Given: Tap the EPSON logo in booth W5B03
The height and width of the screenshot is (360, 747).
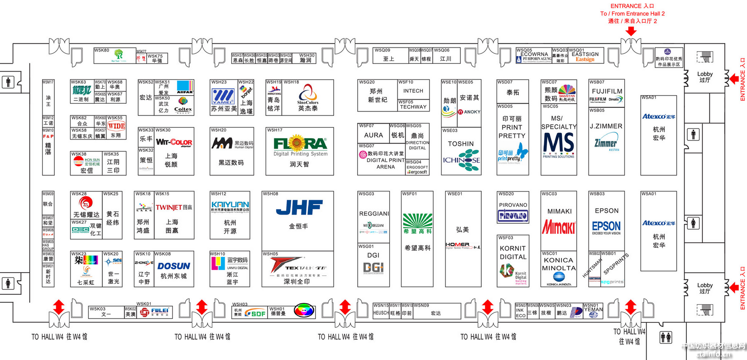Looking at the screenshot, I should tap(606, 226).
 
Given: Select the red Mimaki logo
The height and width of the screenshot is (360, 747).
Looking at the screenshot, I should tap(559, 227).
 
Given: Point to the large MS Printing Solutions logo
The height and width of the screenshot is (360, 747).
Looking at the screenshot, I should tap(559, 143).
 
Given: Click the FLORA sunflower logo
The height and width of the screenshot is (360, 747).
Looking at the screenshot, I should tap(300, 144).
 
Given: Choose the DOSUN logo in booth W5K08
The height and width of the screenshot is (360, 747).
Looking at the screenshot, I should tap(174, 266).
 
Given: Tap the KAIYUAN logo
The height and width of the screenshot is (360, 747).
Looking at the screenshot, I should tap(230, 205).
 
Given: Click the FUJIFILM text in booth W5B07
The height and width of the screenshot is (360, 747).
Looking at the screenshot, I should tap(607, 91).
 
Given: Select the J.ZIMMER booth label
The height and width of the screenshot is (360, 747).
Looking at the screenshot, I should tap(606, 126).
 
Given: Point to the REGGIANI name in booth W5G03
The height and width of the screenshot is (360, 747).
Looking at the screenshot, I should tap(373, 214).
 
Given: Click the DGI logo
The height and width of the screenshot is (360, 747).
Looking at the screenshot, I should tap(373, 268).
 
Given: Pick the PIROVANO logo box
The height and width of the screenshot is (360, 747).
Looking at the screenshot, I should tap(513, 216).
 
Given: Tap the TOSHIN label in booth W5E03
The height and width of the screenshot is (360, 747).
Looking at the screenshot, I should tap(461, 144).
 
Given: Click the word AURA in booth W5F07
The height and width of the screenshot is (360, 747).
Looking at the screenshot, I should tap(373, 135).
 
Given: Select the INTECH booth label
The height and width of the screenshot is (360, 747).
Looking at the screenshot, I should tap(413, 91).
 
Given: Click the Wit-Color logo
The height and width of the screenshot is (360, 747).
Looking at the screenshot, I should tap(174, 142).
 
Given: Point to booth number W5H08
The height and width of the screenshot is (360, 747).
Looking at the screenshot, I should tap(271, 194).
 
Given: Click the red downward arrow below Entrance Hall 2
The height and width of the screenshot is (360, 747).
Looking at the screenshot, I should tap(631, 31).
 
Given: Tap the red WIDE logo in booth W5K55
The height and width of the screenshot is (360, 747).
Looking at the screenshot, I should tap(116, 126).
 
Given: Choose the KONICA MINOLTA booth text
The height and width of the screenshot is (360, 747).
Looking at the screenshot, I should tap(559, 264).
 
